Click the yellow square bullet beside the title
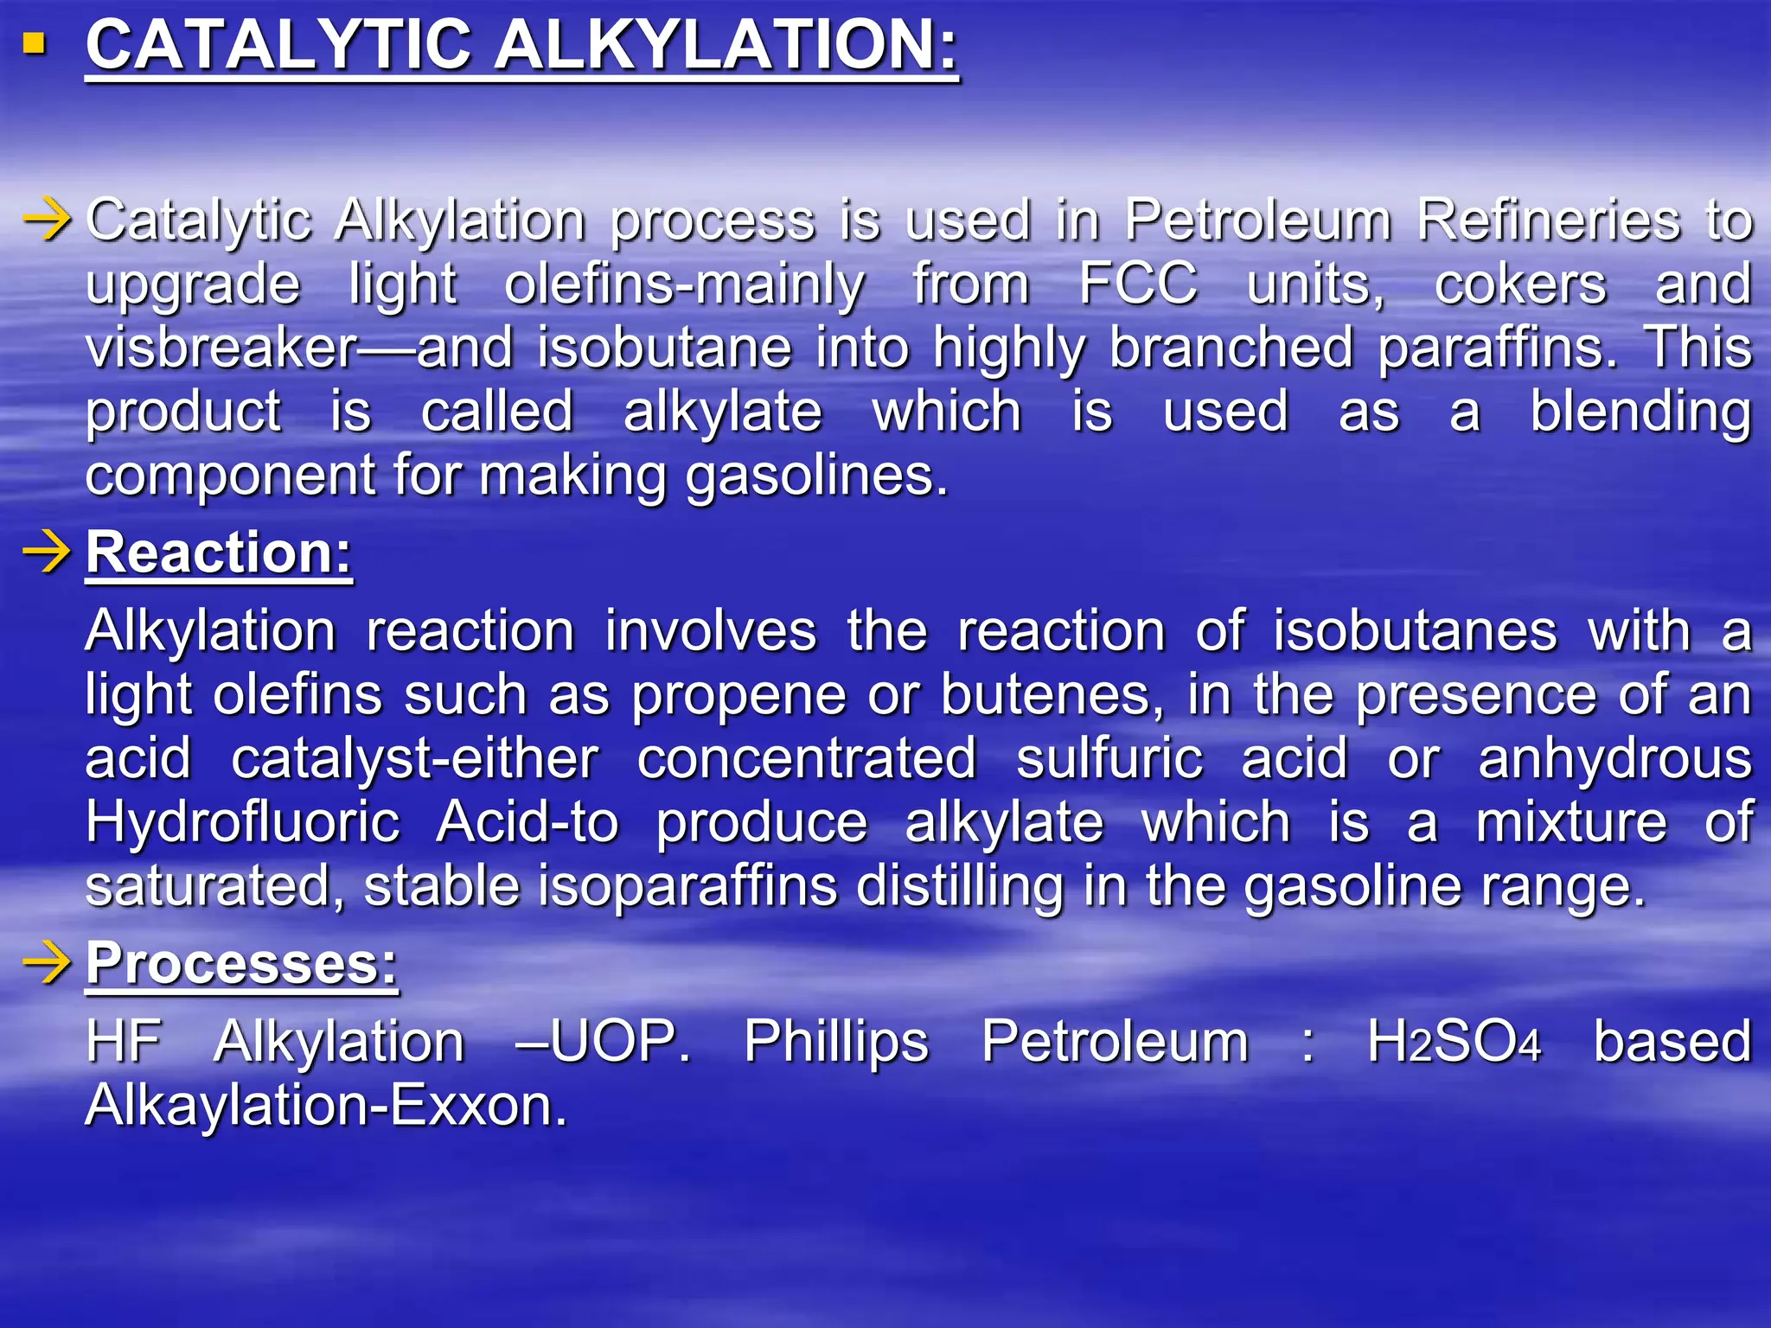[x=35, y=44]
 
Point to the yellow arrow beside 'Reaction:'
[x=47, y=552]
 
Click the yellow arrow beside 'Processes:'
[x=47, y=963]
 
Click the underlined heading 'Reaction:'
[x=219, y=552]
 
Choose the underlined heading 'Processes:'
[x=241, y=963]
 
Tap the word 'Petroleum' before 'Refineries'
[x=1257, y=220]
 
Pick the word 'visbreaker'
[x=221, y=348]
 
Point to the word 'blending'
[x=1640, y=413]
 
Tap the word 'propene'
[x=738, y=697]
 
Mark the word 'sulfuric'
[x=1109, y=759]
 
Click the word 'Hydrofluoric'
[x=243, y=822]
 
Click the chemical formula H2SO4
[x=1454, y=1041]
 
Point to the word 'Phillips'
[x=836, y=1043]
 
